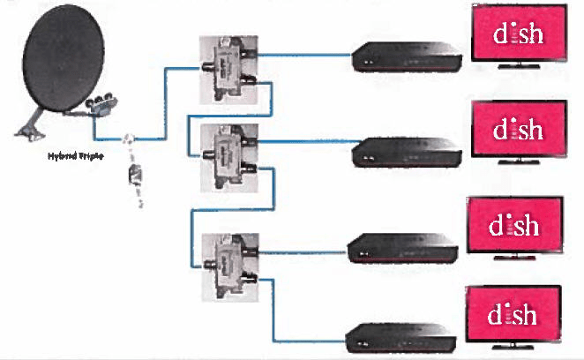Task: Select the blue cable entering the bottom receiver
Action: click(x=309, y=341)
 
